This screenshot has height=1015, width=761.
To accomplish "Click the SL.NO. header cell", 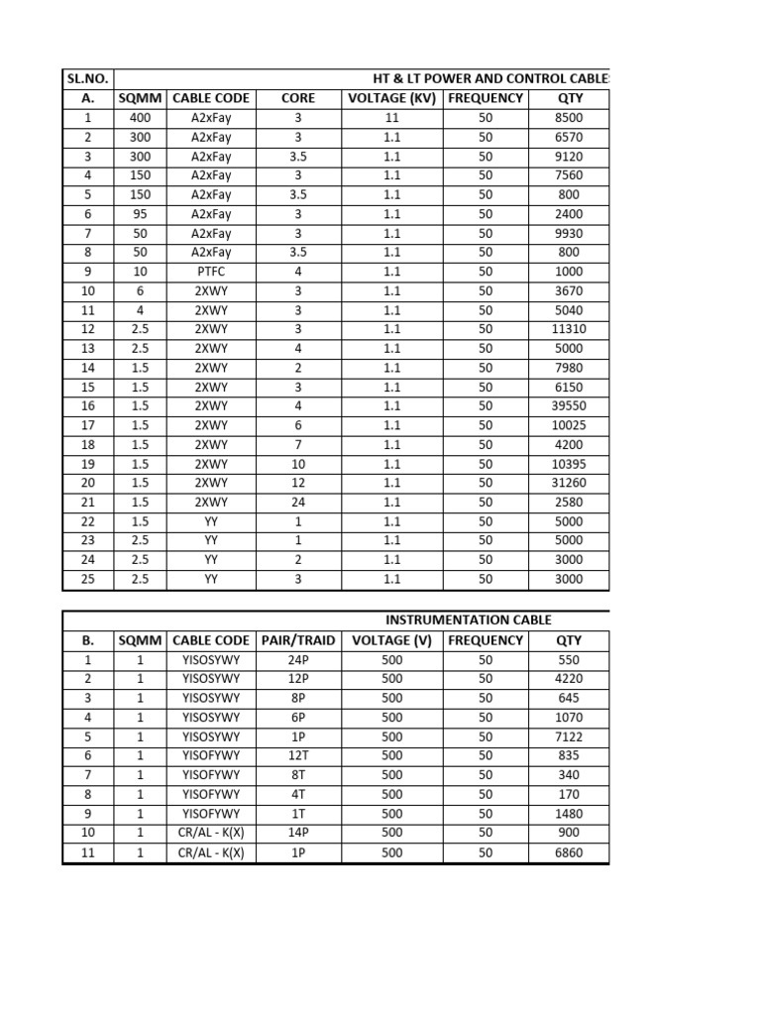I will tap(88, 78).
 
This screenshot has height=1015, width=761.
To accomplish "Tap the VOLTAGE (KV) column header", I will tap(391, 98).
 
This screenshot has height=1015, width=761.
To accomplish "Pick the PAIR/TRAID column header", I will tap(298, 640).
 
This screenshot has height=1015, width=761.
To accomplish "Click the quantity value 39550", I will tap(569, 406).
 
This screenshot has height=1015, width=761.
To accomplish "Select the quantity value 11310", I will tap(569, 329).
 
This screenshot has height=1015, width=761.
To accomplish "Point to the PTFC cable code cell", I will tap(211, 272).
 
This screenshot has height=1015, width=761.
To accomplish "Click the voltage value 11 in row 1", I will tap(391, 118).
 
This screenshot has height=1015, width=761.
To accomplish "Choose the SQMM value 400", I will tap(141, 118).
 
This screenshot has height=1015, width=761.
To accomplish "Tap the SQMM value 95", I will tap(141, 214).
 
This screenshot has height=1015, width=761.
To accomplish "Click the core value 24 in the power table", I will tap(298, 503).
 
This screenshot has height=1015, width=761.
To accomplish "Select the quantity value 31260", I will tap(569, 483).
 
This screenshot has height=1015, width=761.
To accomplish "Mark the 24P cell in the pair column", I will tap(298, 660).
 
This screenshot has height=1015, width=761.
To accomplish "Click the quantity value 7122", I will tap(569, 736).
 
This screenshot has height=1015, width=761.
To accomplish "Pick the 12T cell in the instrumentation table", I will tap(298, 756).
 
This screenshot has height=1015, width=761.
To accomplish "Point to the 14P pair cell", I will tap(298, 833).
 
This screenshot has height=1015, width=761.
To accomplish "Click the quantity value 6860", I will tap(569, 852).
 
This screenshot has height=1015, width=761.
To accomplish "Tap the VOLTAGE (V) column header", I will tap(391, 640).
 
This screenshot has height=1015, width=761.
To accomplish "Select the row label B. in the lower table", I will tap(88, 640).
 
